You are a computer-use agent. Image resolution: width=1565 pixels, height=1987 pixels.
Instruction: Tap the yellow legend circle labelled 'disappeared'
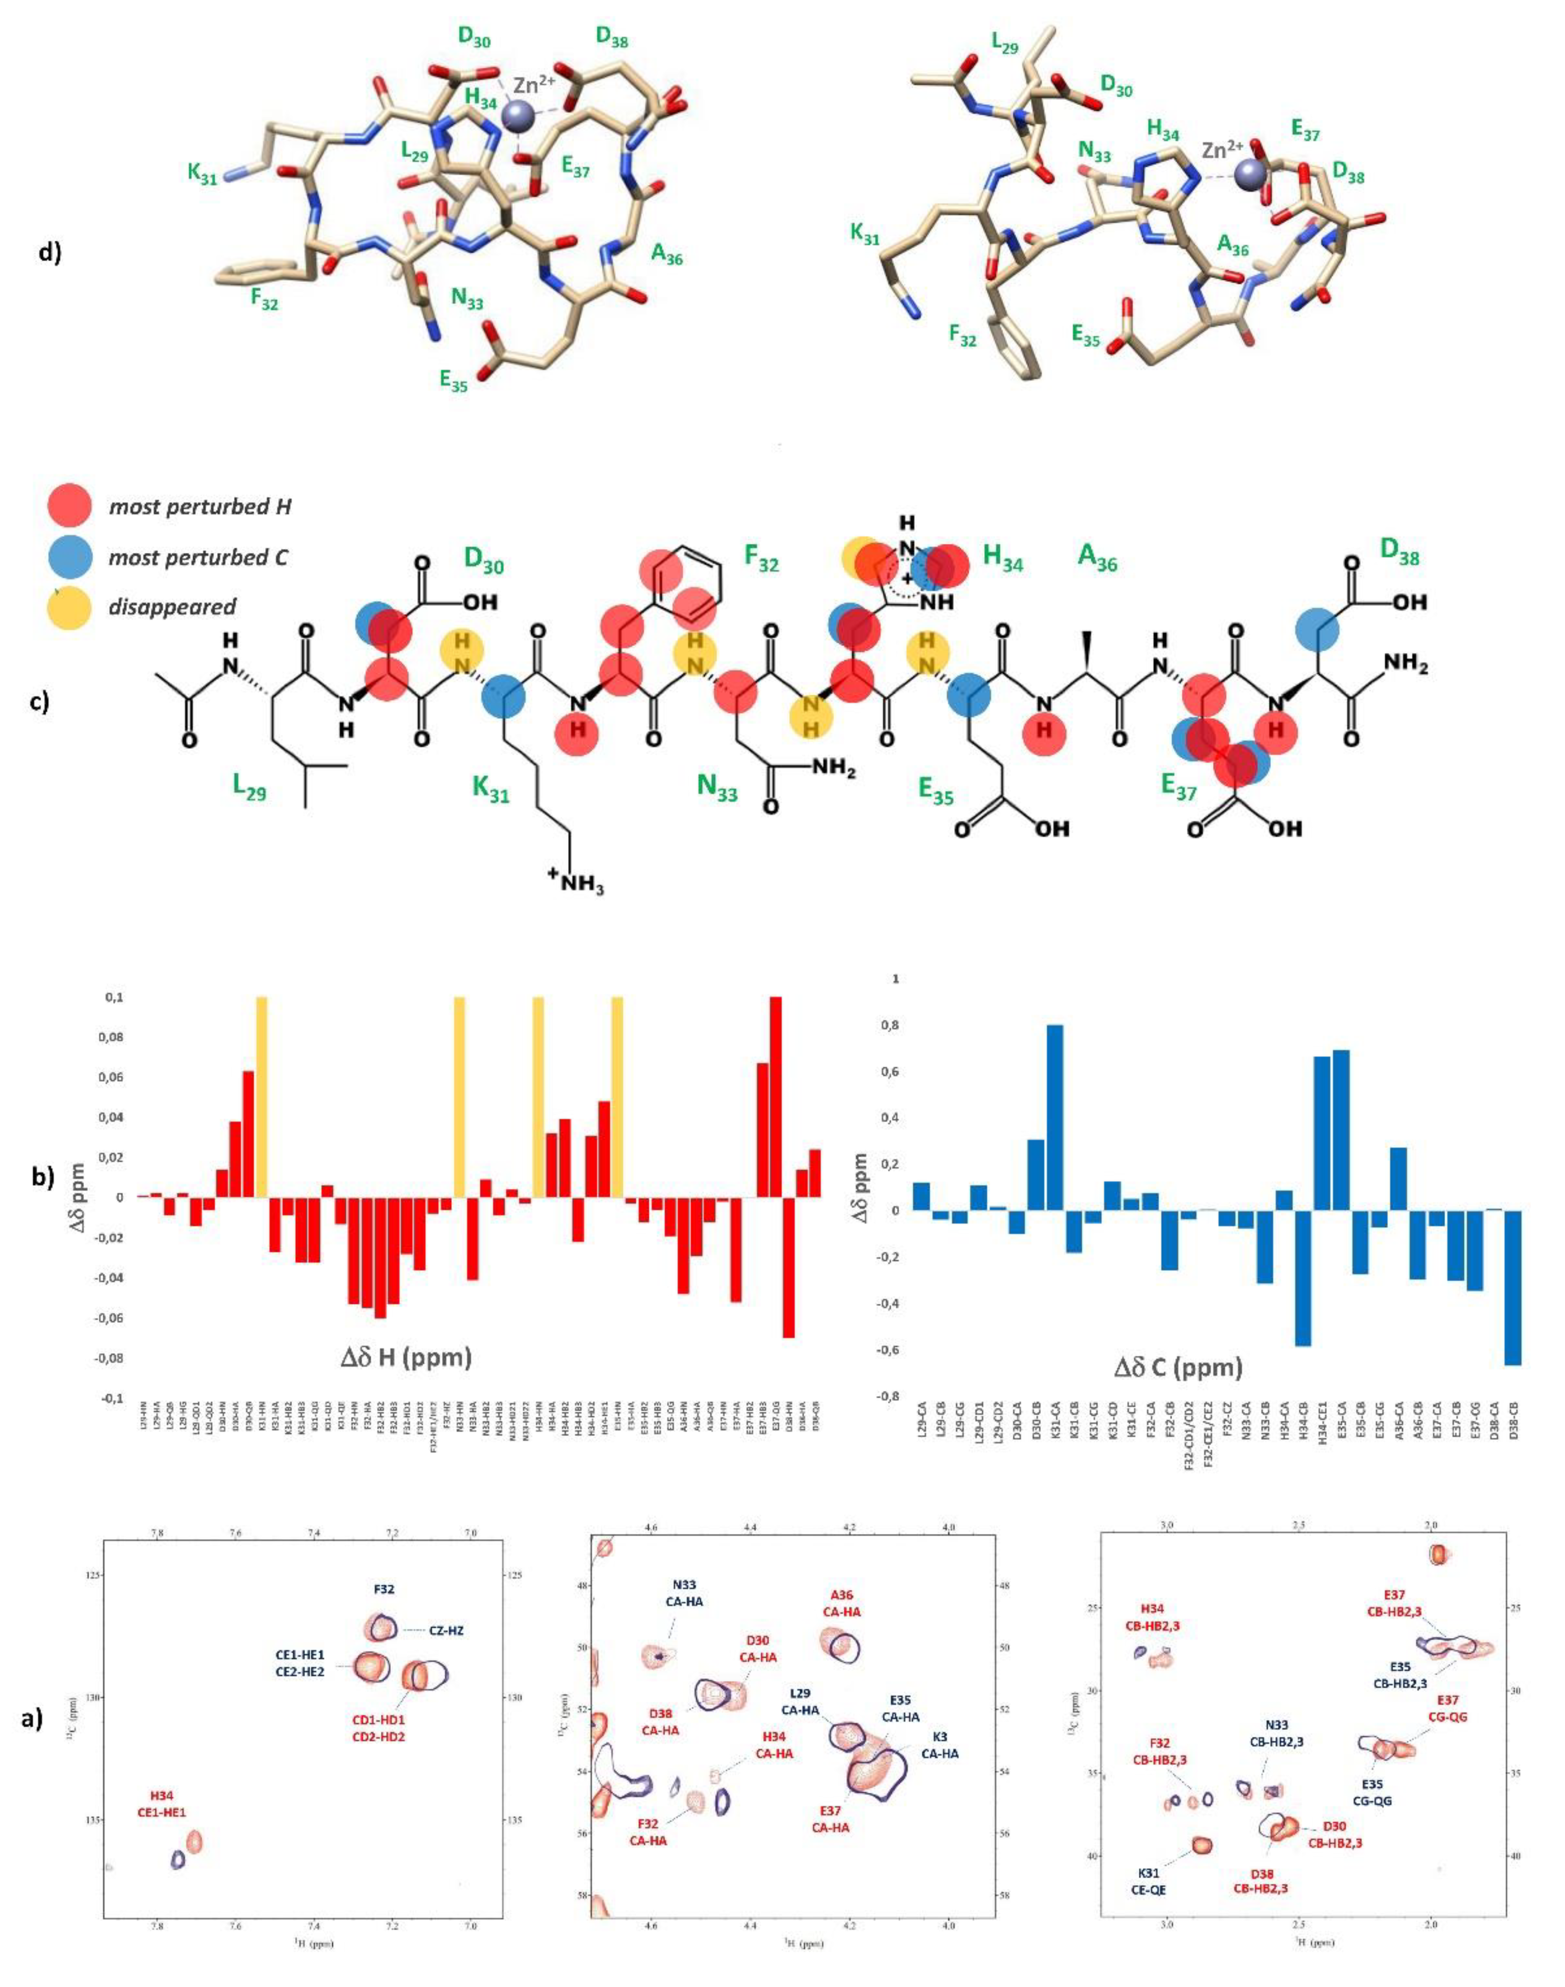[x=70, y=607]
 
